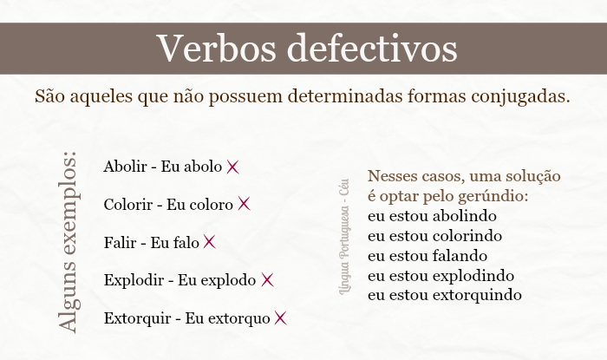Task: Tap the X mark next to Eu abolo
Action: [232, 167]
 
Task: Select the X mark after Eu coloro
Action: [244, 204]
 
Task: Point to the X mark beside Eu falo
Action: [209, 242]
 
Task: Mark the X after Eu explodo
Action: [267, 279]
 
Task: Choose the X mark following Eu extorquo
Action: [280, 317]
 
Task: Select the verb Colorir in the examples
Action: [128, 205]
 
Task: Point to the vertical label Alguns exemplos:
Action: [69, 240]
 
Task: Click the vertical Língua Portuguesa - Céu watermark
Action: [343, 234]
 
